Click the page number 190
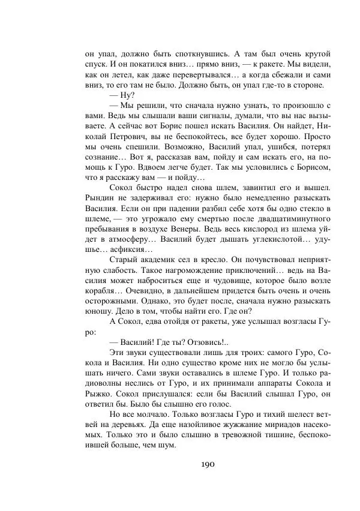click(x=208, y=464)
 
